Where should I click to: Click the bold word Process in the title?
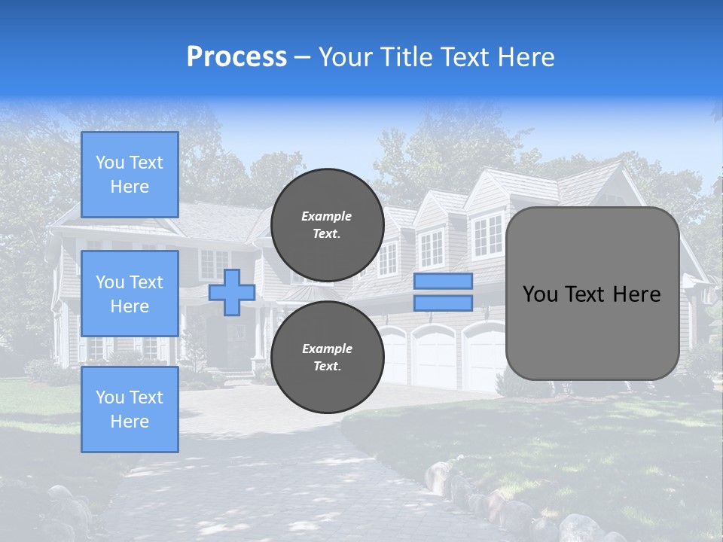(236, 57)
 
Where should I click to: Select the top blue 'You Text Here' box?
(130, 175)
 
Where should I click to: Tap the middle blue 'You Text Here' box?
(130, 294)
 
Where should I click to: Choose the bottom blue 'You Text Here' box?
(130, 410)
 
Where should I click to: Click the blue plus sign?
(232, 292)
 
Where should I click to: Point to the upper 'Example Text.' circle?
(327, 224)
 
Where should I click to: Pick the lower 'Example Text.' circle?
(327, 357)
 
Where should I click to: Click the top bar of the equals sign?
(443, 282)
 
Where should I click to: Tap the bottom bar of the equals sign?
(443, 303)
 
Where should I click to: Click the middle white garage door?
(435, 355)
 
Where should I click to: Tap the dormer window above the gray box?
(487, 235)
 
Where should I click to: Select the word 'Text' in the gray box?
(591, 294)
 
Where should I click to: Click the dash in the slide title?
(303, 57)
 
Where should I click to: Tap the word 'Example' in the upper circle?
(327, 216)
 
